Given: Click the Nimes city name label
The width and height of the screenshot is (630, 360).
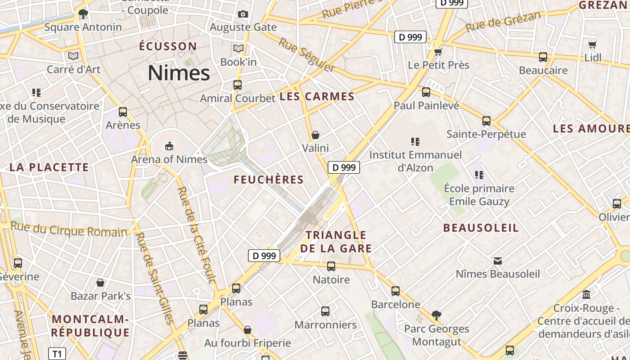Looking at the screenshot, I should (x=179, y=73).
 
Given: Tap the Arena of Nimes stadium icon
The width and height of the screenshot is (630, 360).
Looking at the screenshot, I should (x=169, y=146).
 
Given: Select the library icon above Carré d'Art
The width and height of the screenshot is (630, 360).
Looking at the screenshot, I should (x=73, y=56).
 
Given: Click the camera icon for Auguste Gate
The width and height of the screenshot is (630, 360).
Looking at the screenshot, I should (x=243, y=14).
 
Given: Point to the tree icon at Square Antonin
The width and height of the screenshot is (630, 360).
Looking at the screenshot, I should (x=83, y=13).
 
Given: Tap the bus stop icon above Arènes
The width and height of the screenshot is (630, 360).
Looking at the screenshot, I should (x=123, y=112).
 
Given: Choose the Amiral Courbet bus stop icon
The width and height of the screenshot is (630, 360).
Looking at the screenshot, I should (x=237, y=85).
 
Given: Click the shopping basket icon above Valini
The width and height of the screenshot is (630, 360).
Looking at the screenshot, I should (x=315, y=135).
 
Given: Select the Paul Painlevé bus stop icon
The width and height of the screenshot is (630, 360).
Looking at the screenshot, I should (x=426, y=92).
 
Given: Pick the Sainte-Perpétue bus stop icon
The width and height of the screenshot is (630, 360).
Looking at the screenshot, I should (x=486, y=121).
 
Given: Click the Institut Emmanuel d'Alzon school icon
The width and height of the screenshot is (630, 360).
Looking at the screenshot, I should (x=415, y=142).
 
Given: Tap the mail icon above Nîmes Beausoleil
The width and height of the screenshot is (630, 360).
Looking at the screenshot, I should (x=498, y=261).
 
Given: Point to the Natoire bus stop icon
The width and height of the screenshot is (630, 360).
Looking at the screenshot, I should (x=331, y=266).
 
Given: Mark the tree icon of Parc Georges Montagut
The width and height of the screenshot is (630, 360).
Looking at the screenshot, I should (x=436, y=315).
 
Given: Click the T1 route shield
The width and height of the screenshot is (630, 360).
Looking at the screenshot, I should (x=57, y=354).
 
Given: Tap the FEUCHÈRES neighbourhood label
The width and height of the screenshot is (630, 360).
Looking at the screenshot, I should (x=269, y=180).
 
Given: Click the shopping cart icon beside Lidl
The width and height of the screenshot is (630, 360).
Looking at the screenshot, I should (x=593, y=45).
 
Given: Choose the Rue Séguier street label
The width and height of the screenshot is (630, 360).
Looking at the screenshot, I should (x=307, y=55).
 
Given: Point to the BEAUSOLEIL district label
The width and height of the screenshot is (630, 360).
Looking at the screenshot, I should (x=481, y=228).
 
